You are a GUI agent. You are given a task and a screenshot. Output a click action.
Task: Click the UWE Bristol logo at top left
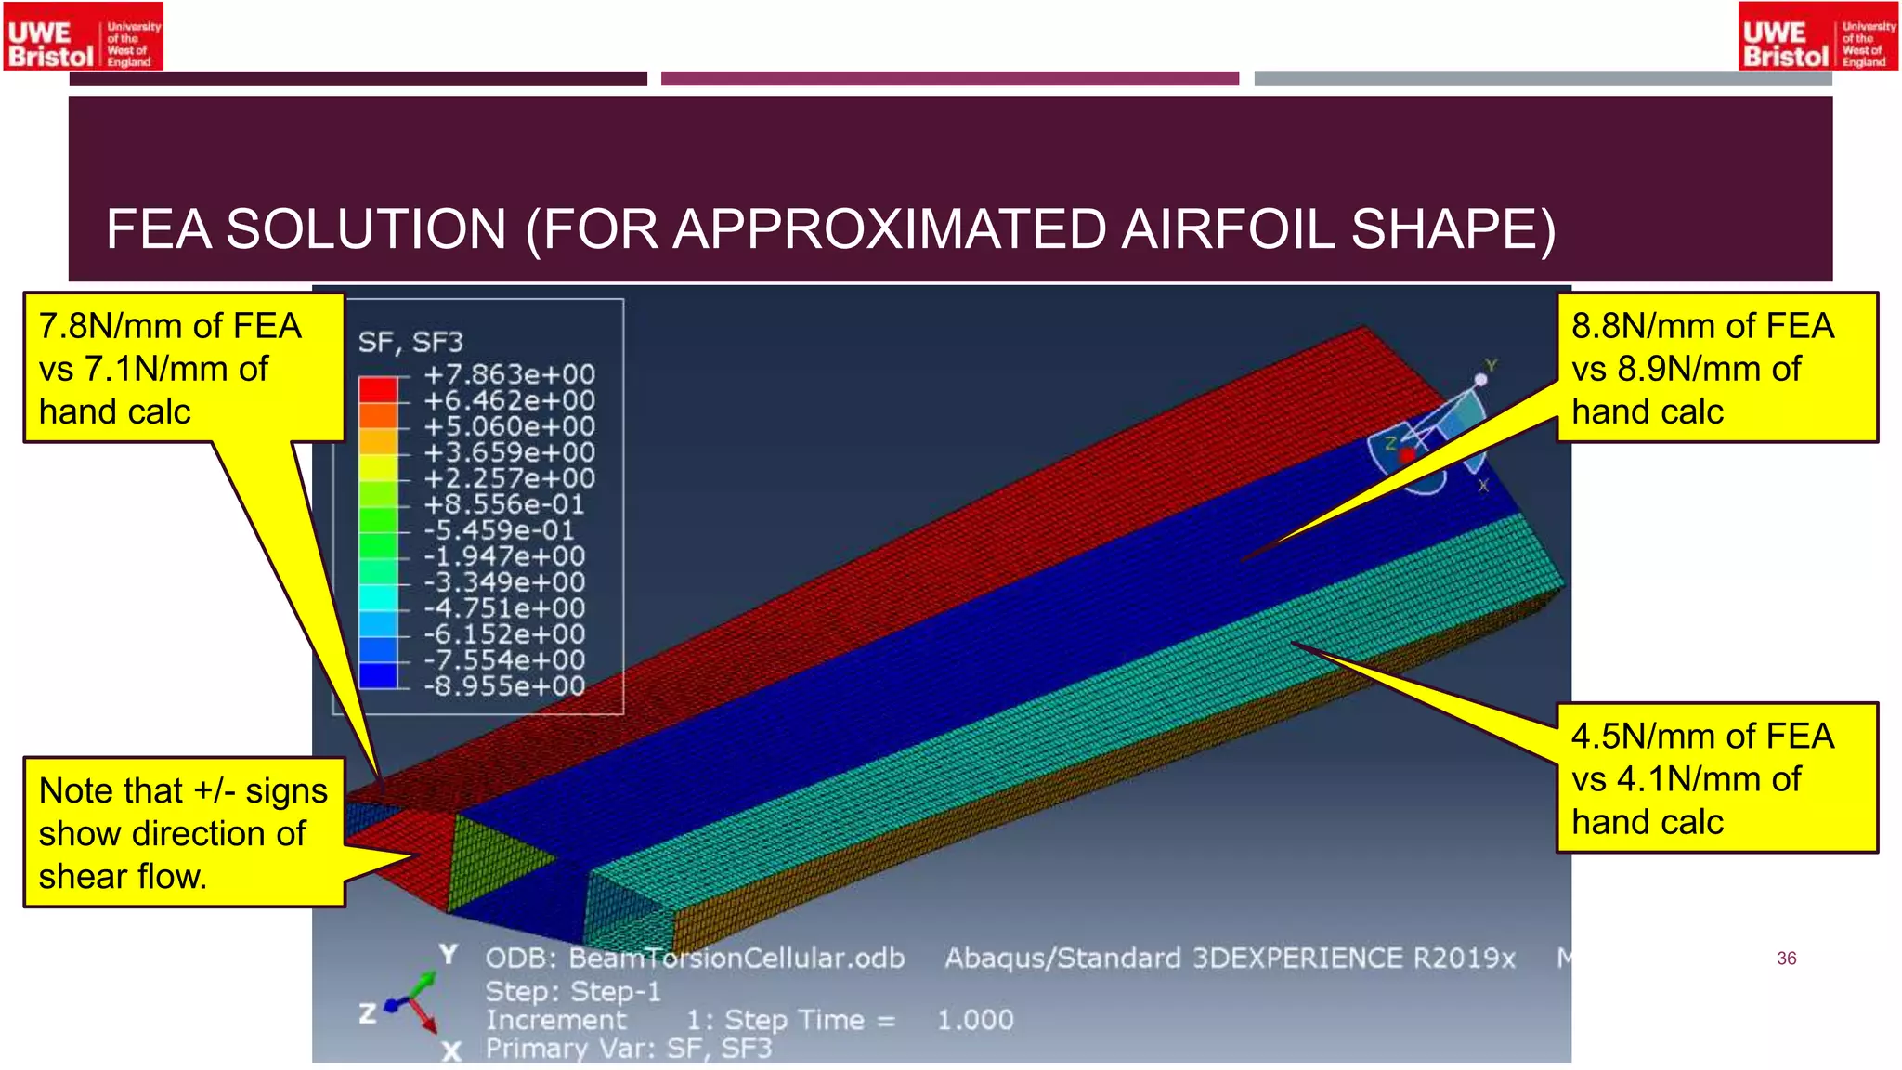84,37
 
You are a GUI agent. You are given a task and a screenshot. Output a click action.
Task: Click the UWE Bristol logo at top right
1817,37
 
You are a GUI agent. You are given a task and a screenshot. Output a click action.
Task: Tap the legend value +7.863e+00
509,374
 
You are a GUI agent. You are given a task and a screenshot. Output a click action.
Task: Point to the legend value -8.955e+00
504,686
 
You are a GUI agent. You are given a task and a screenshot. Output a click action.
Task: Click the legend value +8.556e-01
504,504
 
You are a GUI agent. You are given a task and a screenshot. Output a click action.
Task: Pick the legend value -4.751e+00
504,608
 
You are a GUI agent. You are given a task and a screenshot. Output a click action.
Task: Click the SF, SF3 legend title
410,343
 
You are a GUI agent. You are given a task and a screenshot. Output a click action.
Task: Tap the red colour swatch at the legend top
378,388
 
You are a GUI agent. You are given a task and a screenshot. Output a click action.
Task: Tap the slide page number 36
1786,959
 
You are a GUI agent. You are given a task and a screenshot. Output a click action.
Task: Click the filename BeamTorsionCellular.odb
736,959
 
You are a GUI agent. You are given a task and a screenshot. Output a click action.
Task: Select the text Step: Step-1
573,991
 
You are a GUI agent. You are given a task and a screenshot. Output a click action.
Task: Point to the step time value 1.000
975,1020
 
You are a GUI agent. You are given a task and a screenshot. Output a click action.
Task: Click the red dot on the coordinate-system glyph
1407,454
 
